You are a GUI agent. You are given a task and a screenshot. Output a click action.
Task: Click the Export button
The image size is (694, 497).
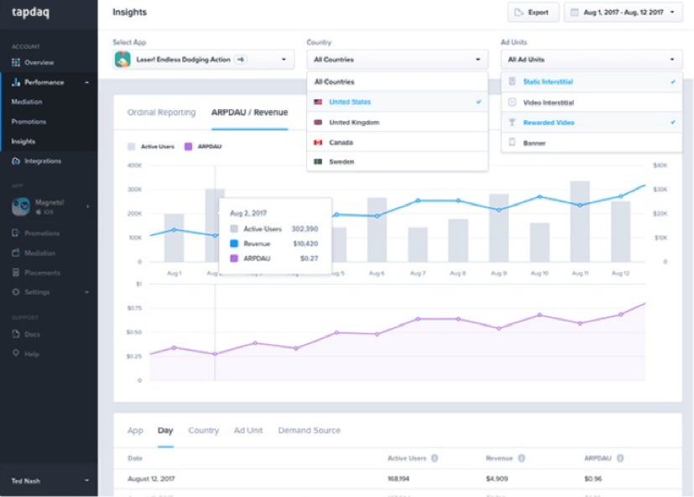click(533, 13)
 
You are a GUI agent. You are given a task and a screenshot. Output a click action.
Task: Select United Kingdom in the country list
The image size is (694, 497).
click(353, 123)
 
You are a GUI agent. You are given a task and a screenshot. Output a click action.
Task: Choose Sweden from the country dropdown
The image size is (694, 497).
click(341, 161)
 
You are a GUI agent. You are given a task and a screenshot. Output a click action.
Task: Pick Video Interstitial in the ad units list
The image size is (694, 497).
click(548, 102)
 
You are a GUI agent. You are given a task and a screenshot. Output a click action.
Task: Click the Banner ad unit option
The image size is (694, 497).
click(534, 143)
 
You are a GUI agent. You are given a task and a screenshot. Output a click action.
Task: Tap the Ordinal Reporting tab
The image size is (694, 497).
click(161, 112)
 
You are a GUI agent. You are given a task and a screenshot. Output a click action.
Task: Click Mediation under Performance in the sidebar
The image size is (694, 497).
click(27, 102)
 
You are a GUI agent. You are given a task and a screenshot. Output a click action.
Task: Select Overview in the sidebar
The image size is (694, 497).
click(39, 63)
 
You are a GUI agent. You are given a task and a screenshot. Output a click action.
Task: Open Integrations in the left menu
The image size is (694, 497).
click(42, 160)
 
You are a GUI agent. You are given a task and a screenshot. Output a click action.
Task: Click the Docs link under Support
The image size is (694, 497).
click(32, 334)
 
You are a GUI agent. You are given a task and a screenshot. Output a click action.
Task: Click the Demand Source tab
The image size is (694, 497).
click(309, 431)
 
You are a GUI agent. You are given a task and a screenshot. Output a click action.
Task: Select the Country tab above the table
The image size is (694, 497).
click(203, 431)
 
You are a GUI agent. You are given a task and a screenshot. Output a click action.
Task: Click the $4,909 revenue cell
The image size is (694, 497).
click(498, 479)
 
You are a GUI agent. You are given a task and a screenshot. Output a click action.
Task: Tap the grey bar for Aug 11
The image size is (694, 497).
click(580, 222)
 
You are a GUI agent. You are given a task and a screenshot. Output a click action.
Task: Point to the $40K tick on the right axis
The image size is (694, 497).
click(660, 165)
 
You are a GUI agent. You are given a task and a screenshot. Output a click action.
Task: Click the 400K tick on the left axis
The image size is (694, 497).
click(134, 165)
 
